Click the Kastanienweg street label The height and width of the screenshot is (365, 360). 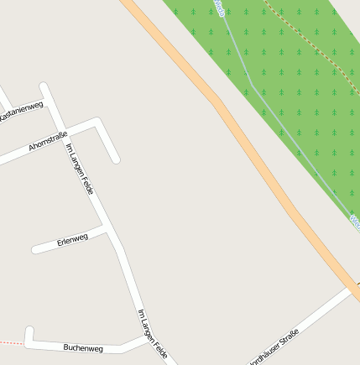point(21,111)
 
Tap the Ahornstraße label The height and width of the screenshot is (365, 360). point(48,141)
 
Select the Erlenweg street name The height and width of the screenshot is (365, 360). point(72,240)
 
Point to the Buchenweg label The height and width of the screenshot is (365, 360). point(83,347)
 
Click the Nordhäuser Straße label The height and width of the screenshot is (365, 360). point(274,347)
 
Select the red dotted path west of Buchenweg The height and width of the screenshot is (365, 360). point(10,342)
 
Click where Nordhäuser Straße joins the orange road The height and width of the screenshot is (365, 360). point(351,288)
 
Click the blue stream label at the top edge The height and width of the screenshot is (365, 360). point(220,8)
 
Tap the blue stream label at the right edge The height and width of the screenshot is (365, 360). point(354,222)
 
